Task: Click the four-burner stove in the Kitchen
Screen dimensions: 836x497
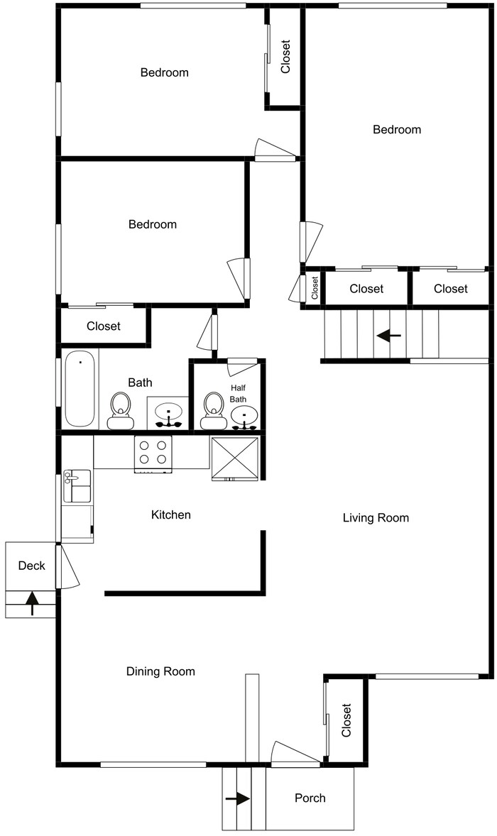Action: pos(154,454)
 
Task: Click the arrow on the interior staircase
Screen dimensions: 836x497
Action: pos(388,335)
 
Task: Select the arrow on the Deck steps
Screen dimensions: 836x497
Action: pos(32,603)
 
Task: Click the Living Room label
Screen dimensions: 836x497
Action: pos(376,518)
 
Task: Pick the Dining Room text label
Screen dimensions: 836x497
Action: pos(160,671)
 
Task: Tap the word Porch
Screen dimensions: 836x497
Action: pos(310,798)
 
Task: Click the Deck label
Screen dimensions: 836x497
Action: pos(31,566)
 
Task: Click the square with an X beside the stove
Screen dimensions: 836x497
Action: pos(235,458)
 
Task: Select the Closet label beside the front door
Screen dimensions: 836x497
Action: pos(346,720)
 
